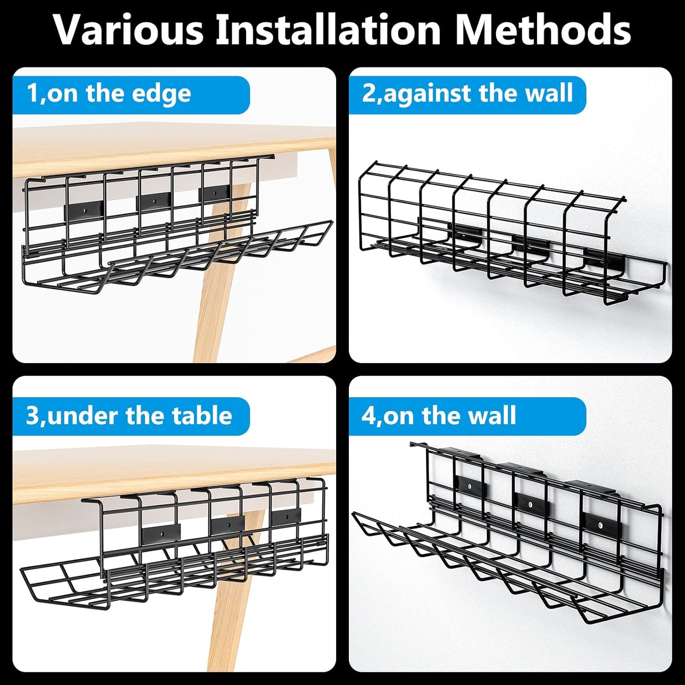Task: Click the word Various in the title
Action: point(128,29)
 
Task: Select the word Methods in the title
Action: point(543,29)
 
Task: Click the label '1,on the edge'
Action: point(109,93)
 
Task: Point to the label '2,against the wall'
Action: point(467,93)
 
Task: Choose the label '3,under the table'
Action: point(129,416)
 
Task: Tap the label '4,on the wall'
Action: point(438,416)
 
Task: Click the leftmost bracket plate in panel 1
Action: point(84,207)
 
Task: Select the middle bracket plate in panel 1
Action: point(154,202)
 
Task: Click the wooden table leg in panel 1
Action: point(213,308)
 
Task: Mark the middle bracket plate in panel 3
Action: point(228,524)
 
